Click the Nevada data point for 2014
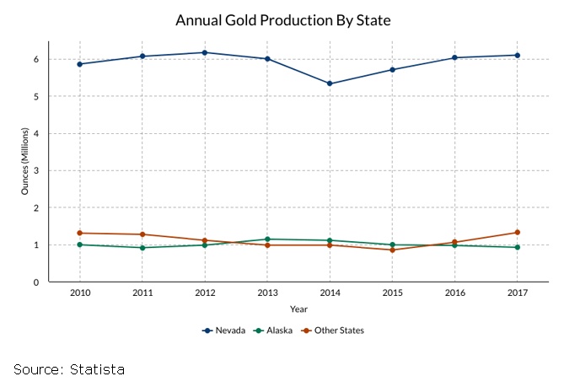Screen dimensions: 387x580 tap(330, 83)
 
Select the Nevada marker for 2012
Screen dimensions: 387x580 tap(205, 52)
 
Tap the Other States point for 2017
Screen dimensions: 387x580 tap(517, 232)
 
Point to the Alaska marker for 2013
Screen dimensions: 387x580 tap(267, 239)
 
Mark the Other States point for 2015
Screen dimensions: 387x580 tap(392, 250)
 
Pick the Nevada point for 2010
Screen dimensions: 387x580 tap(80, 64)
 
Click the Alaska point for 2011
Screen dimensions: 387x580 tap(142, 248)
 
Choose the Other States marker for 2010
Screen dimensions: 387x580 tap(80, 233)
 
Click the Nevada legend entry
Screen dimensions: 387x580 tap(224, 331)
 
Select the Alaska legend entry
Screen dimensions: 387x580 tap(274, 331)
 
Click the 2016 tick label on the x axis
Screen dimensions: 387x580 tap(454, 293)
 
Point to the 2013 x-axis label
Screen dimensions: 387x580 tap(267, 293)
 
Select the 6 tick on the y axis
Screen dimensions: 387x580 tap(37, 59)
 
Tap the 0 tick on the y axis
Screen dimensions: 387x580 tap(37, 282)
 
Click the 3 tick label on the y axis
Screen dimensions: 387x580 tap(37, 170)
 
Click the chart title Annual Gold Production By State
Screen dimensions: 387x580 tap(283, 19)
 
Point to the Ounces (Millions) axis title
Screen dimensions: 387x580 tap(25, 161)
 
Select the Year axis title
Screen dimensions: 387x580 tap(298, 309)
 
